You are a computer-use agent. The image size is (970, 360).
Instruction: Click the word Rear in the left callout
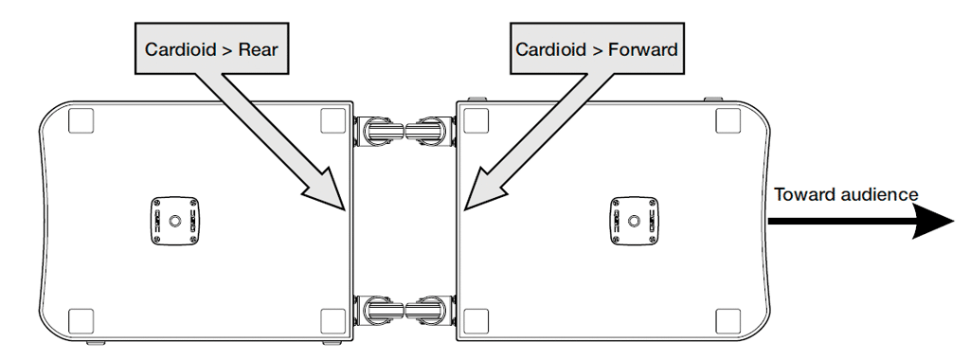click(x=258, y=49)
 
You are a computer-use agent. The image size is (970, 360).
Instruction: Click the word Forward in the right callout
click(x=643, y=49)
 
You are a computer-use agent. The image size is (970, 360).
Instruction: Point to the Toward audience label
click(x=846, y=195)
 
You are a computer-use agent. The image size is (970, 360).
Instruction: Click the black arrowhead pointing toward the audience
click(x=933, y=221)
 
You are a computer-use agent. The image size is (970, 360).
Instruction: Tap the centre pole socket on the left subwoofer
click(x=175, y=221)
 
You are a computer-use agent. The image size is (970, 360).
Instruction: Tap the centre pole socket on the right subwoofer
click(x=634, y=221)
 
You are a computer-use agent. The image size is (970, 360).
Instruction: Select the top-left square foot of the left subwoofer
click(x=81, y=120)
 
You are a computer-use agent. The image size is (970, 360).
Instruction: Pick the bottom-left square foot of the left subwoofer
click(x=81, y=321)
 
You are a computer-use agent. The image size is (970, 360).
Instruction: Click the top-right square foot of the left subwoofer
click(x=332, y=120)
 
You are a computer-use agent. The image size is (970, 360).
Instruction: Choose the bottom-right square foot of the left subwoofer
click(x=332, y=321)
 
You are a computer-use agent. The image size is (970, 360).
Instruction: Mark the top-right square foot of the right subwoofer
click(x=728, y=120)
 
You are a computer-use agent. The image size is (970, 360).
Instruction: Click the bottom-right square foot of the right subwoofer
click(x=728, y=321)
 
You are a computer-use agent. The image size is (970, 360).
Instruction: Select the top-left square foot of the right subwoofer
click(x=476, y=120)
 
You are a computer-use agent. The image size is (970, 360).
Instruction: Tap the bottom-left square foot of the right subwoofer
click(x=476, y=321)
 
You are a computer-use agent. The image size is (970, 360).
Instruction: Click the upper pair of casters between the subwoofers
click(x=404, y=131)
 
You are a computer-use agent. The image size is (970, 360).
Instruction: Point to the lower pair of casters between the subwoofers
click(x=404, y=311)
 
